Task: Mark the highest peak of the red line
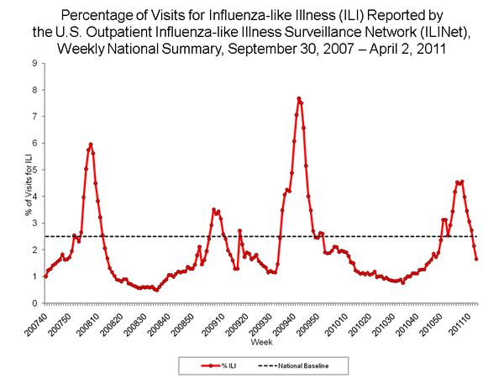point(298,98)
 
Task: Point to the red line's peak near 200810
point(91,144)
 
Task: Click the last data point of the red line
point(476,259)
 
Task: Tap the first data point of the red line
point(45,276)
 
